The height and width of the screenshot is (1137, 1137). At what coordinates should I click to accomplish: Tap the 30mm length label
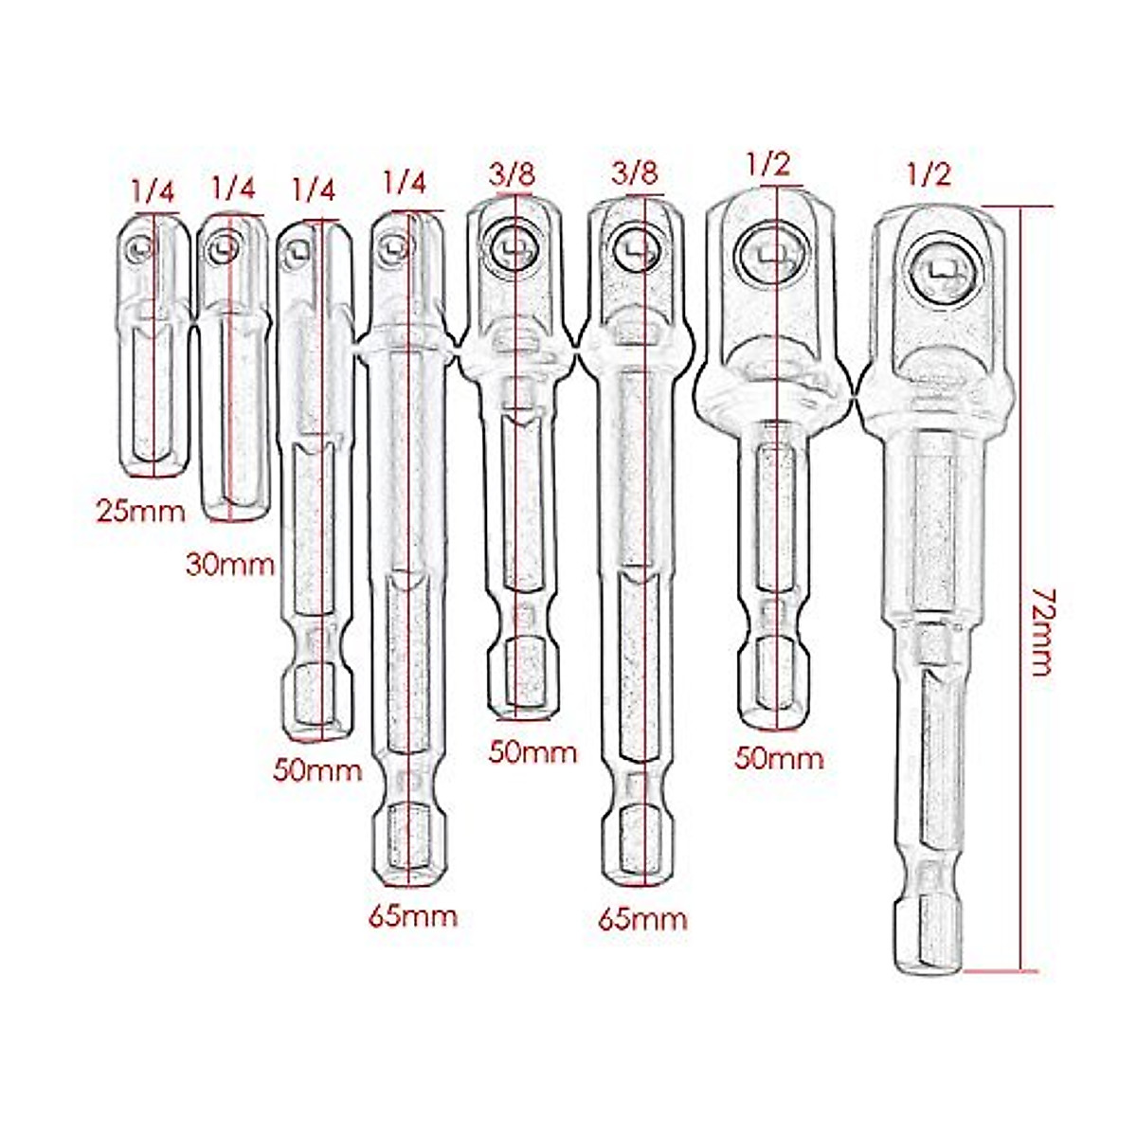coord(230,566)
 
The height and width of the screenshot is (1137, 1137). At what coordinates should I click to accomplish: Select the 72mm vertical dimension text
coord(1039,631)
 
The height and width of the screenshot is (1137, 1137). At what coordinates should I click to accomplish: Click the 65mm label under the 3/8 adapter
coord(642,919)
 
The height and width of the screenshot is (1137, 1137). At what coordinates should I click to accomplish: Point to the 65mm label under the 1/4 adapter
coord(413,916)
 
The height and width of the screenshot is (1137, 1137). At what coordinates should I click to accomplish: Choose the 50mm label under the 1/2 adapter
coord(780,758)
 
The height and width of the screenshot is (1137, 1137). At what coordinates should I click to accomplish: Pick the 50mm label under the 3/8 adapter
coord(532,752)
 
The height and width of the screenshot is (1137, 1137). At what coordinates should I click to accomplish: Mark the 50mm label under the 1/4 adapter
coord(317,769)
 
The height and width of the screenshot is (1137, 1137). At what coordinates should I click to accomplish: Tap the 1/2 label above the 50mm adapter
coord(767,164)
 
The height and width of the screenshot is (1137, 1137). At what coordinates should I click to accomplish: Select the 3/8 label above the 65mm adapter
coord(636,173)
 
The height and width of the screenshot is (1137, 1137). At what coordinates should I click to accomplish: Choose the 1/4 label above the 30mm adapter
coord(234,188)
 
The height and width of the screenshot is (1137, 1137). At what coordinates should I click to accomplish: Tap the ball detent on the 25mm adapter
coord(139,248)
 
